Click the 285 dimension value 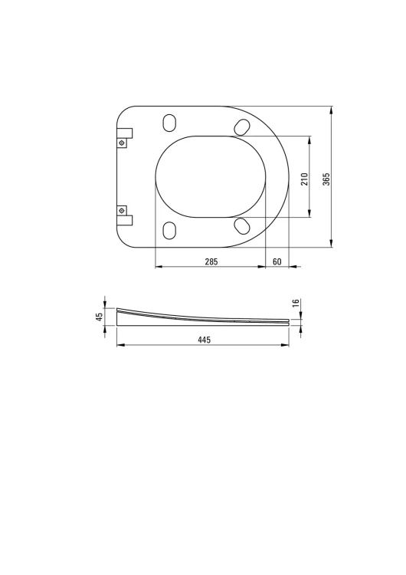[211, 261]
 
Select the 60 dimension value [277, 261]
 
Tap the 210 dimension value [305, 179]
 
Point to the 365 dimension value [326, 179]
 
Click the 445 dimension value [204, 340]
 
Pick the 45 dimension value [100, 317]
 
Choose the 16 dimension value [296, 304]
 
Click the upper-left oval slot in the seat [169, 123]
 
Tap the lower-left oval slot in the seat [169, 231]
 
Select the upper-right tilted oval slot [242, 127]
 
